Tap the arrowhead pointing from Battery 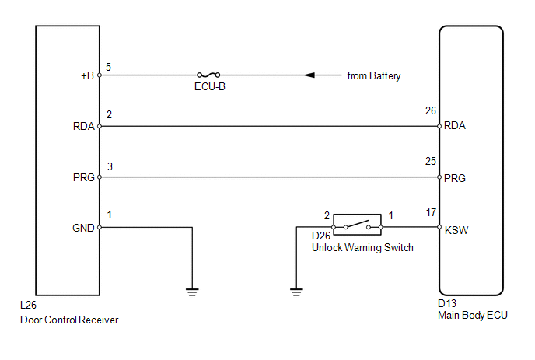309,75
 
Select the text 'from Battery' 374,76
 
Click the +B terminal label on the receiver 87,76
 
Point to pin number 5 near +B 108,67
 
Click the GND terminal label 85,228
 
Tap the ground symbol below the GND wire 192,292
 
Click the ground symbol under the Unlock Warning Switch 295,292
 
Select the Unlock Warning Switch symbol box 357,222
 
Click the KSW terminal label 456,230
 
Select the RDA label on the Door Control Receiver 84,126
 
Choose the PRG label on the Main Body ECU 455,178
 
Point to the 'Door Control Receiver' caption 69,319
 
